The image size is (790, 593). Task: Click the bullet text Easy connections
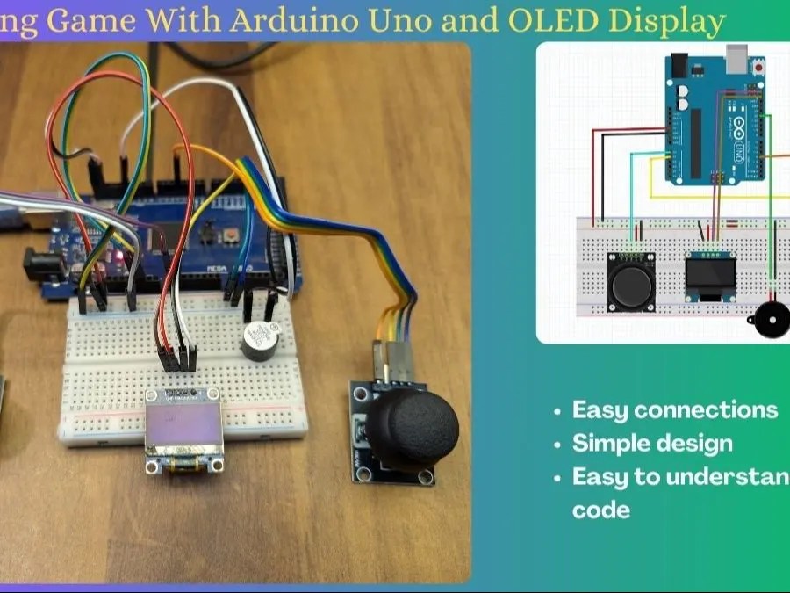[674, 410]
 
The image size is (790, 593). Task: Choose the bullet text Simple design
[652, 443]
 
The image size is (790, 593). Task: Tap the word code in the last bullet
[601, 510]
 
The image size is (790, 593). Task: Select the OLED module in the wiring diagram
[710, 277]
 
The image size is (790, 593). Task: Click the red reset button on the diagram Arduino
[679, 64]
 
